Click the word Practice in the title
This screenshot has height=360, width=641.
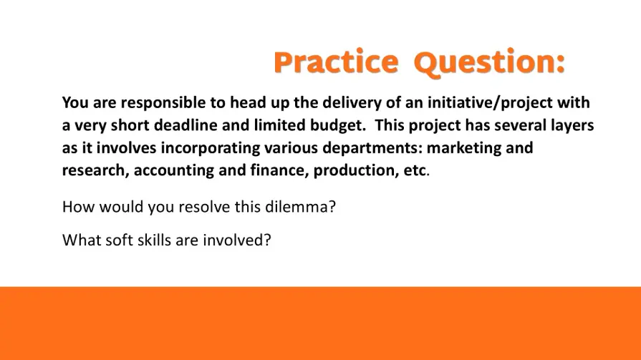tap(336, 62)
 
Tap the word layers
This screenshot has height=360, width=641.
tap(572, 125)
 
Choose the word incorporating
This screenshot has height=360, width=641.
tap(210, 148)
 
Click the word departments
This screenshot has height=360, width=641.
tap(372, 148)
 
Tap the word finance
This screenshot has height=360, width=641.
tap(279, 170)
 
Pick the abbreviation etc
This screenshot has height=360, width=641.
tap(415, 171)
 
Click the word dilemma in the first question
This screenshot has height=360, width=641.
tap(301, 207)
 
